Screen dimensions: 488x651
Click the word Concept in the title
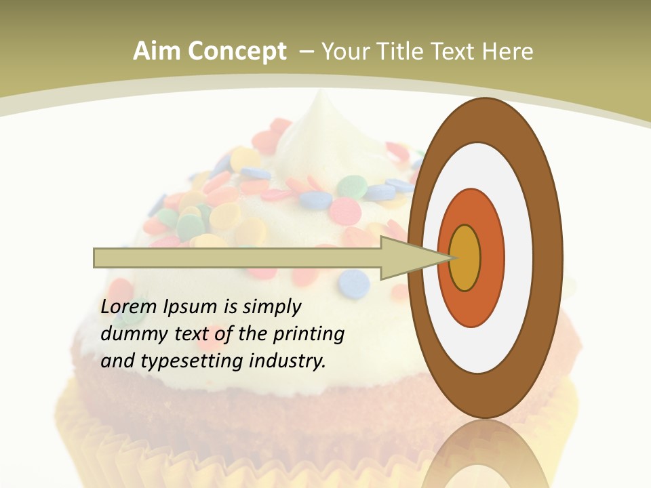[x=237, y=52]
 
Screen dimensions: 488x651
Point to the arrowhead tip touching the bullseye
[x=451, y=258]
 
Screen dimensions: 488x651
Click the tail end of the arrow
[x=96, y=258]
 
